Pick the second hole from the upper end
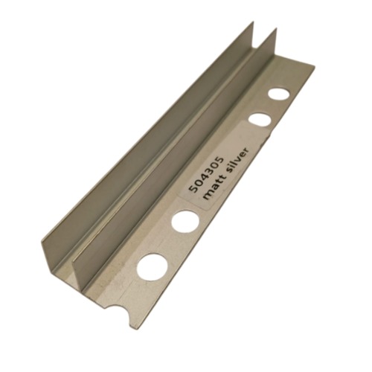click(260, 120)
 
